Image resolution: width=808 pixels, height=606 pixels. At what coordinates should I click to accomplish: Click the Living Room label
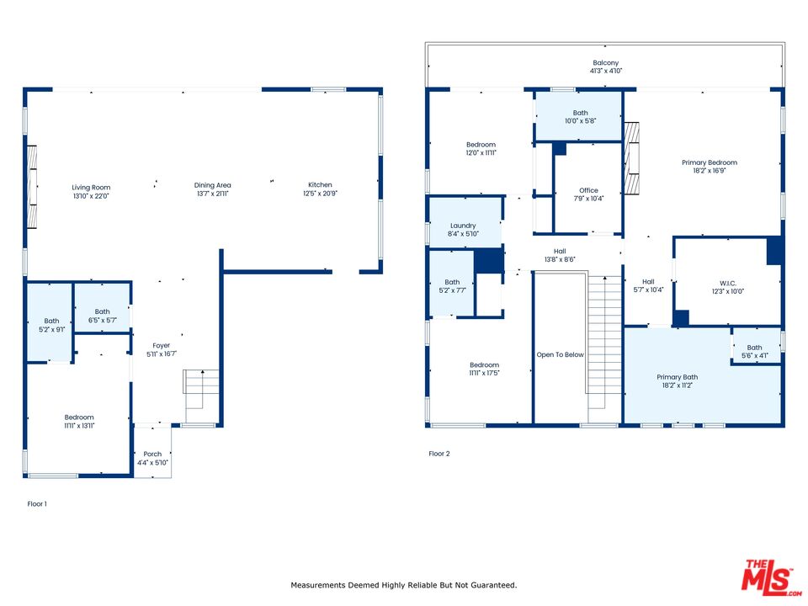pyautogui.click(x=91, y=188)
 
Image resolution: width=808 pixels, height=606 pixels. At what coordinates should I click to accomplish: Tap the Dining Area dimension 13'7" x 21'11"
pyautogui.click(x=212, y=194)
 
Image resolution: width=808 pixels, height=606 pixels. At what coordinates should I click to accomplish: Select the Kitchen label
pyautogui.click(x=320, y=184)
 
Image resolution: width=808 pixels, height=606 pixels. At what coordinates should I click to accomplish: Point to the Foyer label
pyautogui.click(x=162, y=345)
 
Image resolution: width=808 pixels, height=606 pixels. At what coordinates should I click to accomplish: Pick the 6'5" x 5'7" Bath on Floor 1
pyautogui.click(x=102, y=308)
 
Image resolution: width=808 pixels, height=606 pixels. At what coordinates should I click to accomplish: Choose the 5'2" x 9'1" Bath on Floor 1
pyautogui.click(x=50, y=322)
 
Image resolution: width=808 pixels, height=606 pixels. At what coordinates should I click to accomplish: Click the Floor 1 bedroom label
pyautogui.click(x=79, y=417)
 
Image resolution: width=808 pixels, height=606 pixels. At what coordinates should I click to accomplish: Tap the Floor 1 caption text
pyautogui.click(x=37, y=504)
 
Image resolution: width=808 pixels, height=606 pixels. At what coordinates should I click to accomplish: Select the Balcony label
pyautogui.click(x=605, y=62)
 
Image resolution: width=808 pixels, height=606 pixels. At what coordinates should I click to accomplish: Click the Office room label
pyautogui.click(x=588, y=190)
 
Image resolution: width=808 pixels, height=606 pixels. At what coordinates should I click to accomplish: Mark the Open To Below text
pyautogui.click(x=561, y=354)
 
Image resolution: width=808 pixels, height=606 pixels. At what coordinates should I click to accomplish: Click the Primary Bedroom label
pyautogui.click(x=710, y=162)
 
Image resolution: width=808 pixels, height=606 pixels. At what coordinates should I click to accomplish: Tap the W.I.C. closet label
pyautogui.click(x=727, y=284)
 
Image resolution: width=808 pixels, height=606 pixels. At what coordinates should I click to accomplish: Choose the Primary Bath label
pyautogui.click(x=677, y=377)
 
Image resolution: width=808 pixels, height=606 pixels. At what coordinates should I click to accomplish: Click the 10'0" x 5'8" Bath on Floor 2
pyautogui.click(x=579, y=116)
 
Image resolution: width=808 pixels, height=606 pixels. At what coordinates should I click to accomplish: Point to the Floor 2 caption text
pyautogui.click(x=439, y=454)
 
